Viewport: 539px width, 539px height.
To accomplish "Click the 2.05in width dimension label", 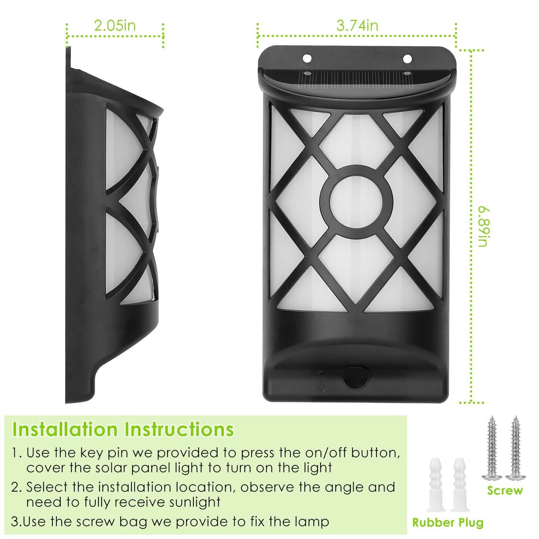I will (x=115, y=26).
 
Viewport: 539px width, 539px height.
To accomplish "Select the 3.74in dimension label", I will (x=357, y=26).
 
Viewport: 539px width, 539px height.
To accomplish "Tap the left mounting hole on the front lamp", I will (x=307, y=58).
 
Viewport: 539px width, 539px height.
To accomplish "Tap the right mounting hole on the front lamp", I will (x=407, y=58).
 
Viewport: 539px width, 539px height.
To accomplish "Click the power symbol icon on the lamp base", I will (x=321, y=387).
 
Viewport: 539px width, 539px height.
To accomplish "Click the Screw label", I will (x=505, y=490).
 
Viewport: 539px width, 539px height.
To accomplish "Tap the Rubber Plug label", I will (x=448, y=522).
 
